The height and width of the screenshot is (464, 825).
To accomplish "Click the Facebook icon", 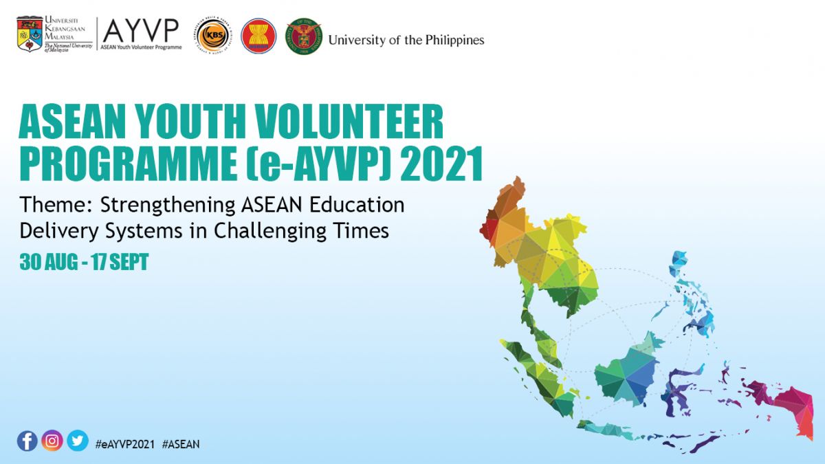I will coord(27,441).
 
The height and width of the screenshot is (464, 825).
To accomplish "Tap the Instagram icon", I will coord(52,441).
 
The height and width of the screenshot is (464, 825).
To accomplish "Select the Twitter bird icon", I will coord(78,441).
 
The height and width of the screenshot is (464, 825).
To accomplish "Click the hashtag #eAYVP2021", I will coord(125,444).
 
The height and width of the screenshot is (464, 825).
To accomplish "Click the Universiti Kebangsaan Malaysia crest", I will coord(30,34).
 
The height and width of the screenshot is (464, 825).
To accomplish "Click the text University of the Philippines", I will coord(406,40).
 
